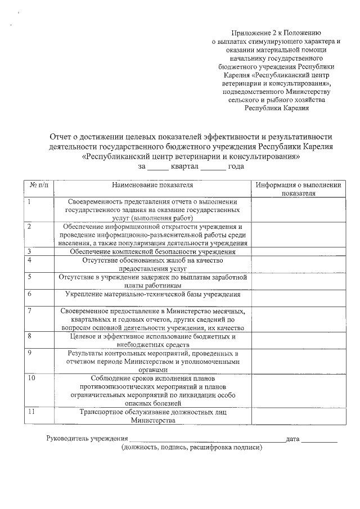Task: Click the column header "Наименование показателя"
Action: tap(152, 184)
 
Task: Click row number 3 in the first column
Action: tap(29, 251)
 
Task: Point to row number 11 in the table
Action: tap(31, 412)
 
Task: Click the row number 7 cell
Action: tap(29, 310)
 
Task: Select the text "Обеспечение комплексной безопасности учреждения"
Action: tap(152, 252)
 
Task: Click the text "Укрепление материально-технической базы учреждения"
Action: tap(152, 294)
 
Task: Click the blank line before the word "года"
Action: tap(213, 168)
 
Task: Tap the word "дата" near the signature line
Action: tap(292, 438)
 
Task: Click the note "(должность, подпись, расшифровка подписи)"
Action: tap(191, 448)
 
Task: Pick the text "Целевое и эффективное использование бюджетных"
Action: tap(152, 336)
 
